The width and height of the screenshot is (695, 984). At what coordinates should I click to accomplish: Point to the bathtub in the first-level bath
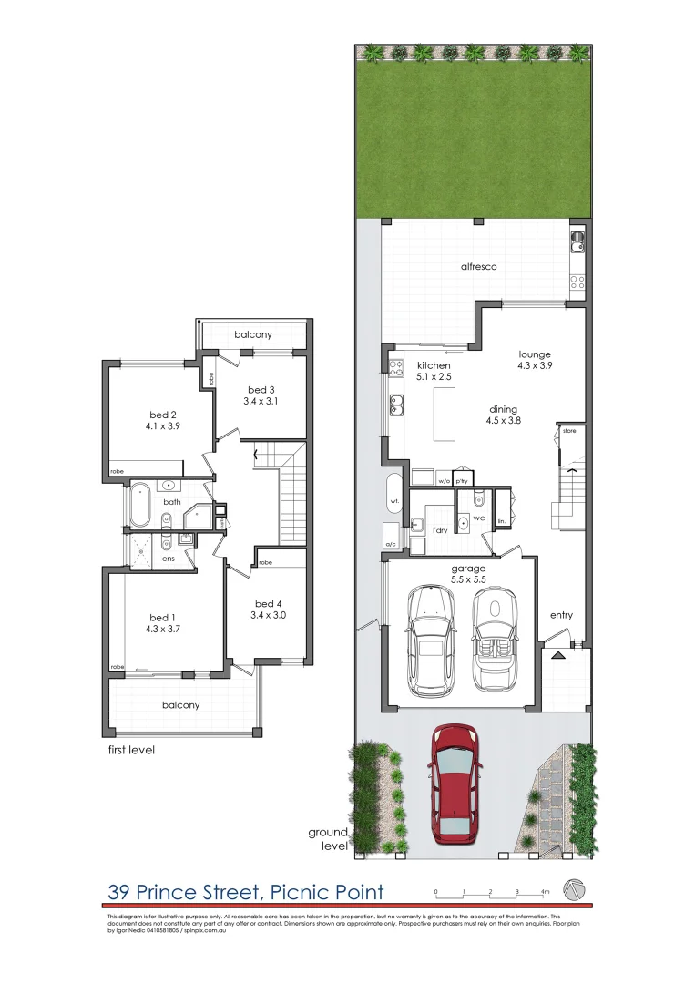pos(139,507)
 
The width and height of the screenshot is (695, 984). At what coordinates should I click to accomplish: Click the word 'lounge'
pos(535,354)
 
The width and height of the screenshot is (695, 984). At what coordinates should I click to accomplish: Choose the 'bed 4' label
pos(269,604)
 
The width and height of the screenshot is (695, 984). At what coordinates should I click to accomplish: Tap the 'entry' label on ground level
pos(561,615)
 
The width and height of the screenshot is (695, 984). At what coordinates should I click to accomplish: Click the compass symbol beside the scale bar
pos(575,888)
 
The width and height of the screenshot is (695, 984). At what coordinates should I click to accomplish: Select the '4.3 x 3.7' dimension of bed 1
pos(164,628)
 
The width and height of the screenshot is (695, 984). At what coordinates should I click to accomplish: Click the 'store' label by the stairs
pos(569,429)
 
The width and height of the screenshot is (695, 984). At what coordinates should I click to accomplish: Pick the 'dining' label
pos(503,410)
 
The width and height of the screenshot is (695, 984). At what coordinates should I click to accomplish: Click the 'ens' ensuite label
pos(168,558)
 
